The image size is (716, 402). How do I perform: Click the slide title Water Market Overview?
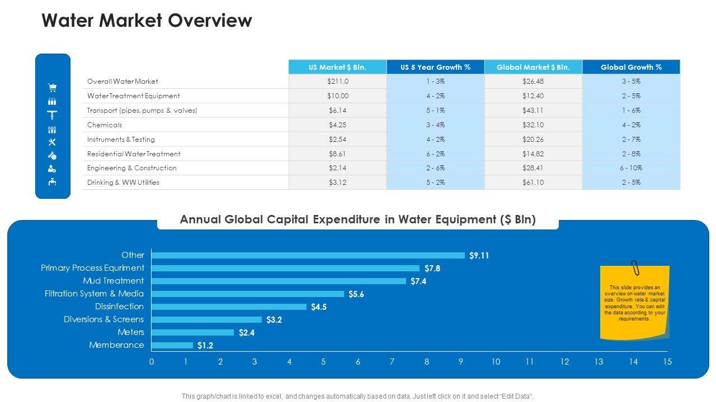pyautogui.click(x=147, y=21)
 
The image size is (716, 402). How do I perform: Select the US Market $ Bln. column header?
pyautogui.click(x=337, y=67)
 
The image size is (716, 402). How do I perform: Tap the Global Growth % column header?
pyautogui.click(x=631, y=67)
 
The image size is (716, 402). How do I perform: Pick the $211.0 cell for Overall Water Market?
pyautogui.click(x=337, y=82)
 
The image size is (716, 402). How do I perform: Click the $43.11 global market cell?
pyautogui.click(x=533, y=111)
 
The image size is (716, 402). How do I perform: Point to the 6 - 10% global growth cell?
pyautogui.click(x=631, y=168)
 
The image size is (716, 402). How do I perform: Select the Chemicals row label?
pyautogui.click(x=105, y=125)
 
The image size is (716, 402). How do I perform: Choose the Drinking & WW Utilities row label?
pyautogui.click(x=123, y=183)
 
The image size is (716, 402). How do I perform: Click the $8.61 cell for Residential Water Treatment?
pyautogui.click(x=337, y=154)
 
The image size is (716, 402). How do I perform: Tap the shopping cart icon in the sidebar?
pyautogui.click(x=53, y=88)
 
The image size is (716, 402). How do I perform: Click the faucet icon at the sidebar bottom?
pyautogui.click(x=53, y=181)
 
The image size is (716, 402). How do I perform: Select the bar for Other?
pyautogui.click(x=308, y=256)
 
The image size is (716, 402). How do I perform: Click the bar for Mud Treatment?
pyautogui.click(x=279, y=281)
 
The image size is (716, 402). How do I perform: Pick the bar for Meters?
pyautogui.click(x=192, y=333)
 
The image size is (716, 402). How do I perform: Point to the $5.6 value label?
pyautogui.click(x=356, y=294)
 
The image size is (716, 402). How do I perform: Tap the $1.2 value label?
pyautogui.click(x=205, y=346)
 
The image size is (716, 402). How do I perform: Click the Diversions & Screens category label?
pyautogui.click(x=103, y=319)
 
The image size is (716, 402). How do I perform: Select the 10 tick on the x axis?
pyautogui.click(x=496, y=362)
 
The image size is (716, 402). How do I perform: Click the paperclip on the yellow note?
pyautogui.click(x=635, y=268)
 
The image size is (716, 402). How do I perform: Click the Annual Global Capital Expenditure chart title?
pyautogui.click(x=358, y=220)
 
